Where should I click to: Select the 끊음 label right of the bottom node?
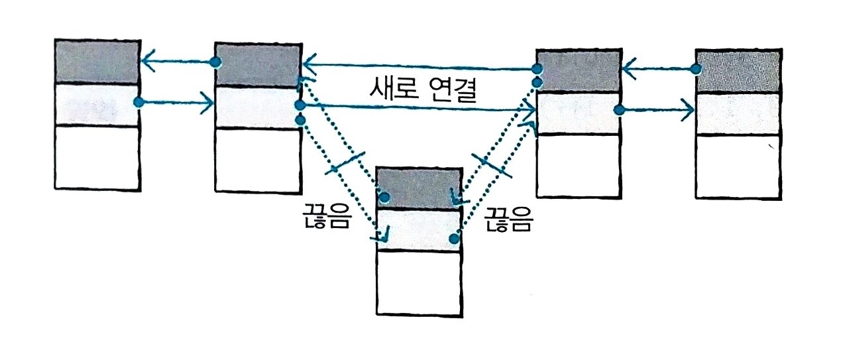(508, 220)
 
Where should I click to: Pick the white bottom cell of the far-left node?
(97, 157)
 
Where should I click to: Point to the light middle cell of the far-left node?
(97, 105)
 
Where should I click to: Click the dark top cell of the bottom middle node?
(418, 189)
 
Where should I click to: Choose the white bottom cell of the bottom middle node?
(418, 282)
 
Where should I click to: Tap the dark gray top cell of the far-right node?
(736, 70)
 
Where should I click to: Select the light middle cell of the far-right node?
(736, 113)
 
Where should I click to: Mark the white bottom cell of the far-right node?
(736, 166)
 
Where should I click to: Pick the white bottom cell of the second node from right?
(579, 166)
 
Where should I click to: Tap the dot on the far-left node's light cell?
(138, 103)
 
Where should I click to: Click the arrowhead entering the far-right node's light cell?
(687, 110)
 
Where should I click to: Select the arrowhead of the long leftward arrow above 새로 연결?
(308, 65)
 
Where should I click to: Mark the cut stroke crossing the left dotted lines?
(346, 162)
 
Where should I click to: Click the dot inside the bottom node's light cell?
(453, 238)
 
